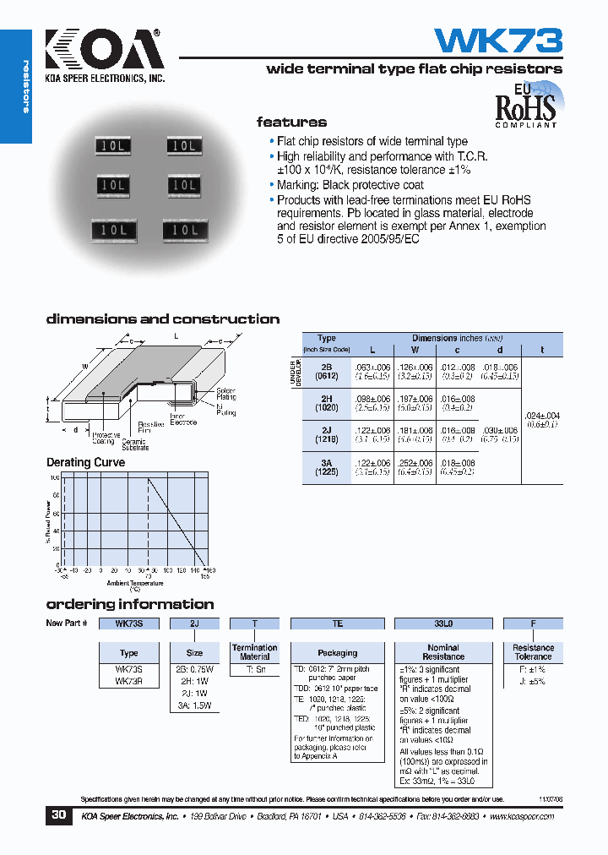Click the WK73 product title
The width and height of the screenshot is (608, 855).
click(x=497, y=41)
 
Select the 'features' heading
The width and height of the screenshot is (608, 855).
click(x=291, y=122)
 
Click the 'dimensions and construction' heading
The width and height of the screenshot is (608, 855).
click(x=162, y=319)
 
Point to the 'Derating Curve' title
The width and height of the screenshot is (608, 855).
click(x=85, y=462)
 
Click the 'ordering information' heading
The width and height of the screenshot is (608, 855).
click(x=129, y=604)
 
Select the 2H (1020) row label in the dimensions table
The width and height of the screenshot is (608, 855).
click(x=326, y=402)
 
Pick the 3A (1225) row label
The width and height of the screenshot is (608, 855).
click(x=326, y=467)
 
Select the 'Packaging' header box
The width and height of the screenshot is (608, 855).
click(x=338, y=652)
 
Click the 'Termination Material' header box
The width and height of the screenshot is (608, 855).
click(x=254, y=652)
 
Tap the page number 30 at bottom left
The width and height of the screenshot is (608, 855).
click(x=58, y=816)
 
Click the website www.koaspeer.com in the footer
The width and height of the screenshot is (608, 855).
click(x=520, y=817)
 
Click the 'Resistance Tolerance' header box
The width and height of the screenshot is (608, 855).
click(x=533, y=652)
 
